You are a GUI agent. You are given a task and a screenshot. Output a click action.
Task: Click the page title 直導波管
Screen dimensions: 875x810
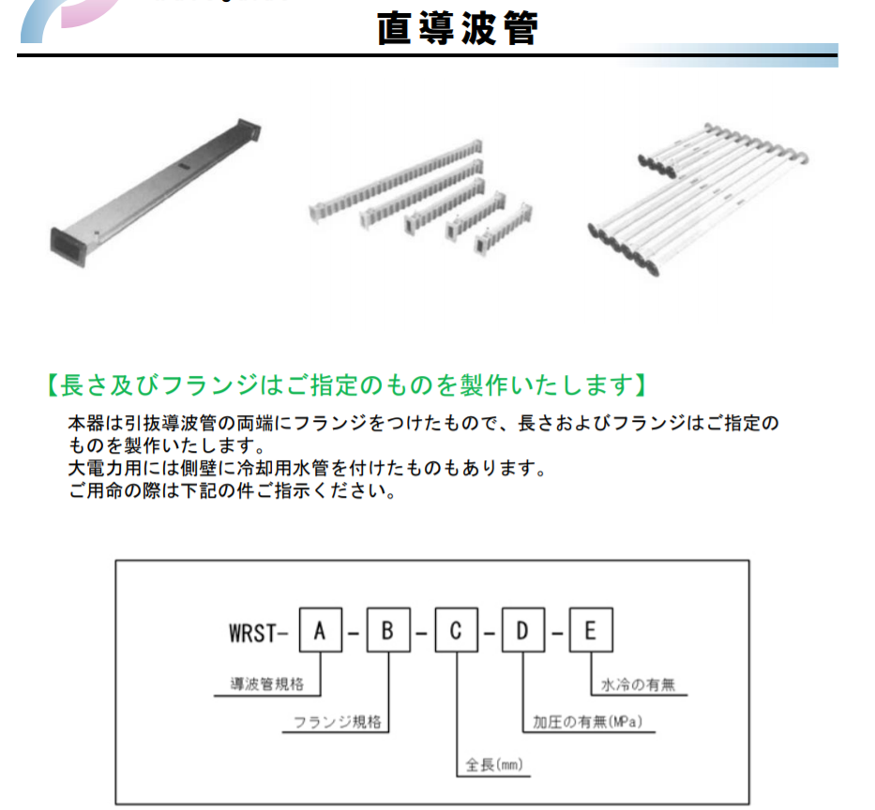click(457, 28)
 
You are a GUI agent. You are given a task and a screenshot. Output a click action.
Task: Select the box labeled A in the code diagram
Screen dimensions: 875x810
click(321, 630)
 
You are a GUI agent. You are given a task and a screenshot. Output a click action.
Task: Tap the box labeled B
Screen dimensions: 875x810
click(388, 630)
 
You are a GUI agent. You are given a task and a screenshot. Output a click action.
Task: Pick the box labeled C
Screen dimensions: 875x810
click(457, 630)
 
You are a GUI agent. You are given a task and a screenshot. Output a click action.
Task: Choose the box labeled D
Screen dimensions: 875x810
click(523, 630)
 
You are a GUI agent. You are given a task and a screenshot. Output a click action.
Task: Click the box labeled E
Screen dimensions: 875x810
click(591, 630)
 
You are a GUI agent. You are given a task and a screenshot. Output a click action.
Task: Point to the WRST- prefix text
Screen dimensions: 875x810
click(258, 633)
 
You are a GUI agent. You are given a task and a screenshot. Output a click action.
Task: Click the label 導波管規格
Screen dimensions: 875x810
click(267, 684)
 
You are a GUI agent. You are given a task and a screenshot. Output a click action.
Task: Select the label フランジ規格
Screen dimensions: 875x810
click(337, 722)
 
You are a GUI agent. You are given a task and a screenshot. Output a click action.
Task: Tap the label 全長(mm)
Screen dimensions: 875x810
click(494, 764)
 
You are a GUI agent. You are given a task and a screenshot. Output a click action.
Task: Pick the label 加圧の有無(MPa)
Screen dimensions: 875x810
click(588, 722)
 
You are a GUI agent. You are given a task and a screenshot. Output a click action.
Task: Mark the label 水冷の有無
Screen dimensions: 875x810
click(638, 684)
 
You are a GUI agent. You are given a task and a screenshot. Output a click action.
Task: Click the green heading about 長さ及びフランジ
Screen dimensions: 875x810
click(347, 385)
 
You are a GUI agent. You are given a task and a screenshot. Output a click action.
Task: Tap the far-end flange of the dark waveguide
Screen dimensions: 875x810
click(249, 131)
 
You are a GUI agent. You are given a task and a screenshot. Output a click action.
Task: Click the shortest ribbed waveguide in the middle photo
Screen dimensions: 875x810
click(504, 230)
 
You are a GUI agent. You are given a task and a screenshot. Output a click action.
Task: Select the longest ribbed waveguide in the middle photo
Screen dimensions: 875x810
click(396, 181)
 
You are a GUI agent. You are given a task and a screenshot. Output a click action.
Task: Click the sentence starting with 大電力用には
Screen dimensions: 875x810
click(307, 468)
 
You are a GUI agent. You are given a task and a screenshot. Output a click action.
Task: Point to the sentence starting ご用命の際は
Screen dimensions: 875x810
click(233, 490)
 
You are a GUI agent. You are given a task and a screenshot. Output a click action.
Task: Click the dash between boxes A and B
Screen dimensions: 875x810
click(354, 634)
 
